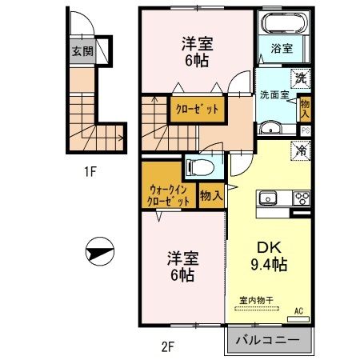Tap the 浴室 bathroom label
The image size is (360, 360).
click(x=282, y=49)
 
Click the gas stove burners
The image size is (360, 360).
click(x=302, y=198)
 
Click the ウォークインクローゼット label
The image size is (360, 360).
click(x=169, y=195)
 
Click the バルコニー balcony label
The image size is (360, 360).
click(x=268, y=339)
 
